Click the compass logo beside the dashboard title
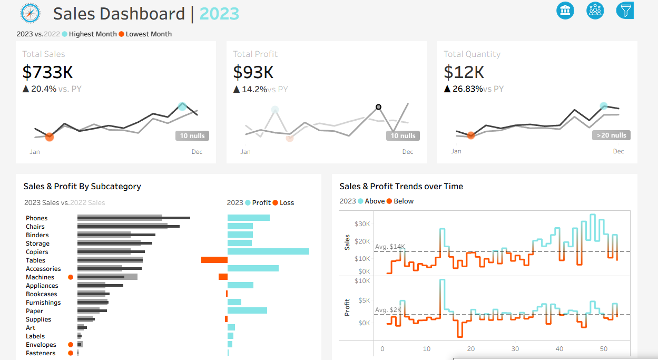pyautogui.click(x=30, y=13)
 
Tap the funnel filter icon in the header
pyautogui.click(x=625, y=11)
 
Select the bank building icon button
pyautogui.click(x=565, y=11)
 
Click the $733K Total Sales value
pyautogui.click(x=47, y=72)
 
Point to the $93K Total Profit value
pyautogui.click(x=253, y=72)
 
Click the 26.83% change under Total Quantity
pyautogui.click(x=468, y=89)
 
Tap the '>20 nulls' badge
pyautogui.click(x=611, y=135)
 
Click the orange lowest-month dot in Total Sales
pyautogui.click(x=50, y=137)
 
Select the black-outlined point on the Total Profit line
pyautogui.click(x=379, y=107)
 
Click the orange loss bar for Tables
pyautogui.click(x=214, y=260)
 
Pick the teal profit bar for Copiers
pyautogui.click(x=268, y=251)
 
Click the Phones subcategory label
pyautogui.click(x=37, y=218)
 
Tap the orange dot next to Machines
pyautogui.click(x=71, y=277)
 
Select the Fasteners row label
pyautogui.click(x=41, y=353)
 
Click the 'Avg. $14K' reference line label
pyautogui.click(x=390, y=247)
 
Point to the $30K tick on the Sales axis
pyautogui.click(x=362, y=224)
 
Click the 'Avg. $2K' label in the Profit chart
pyautogui.click(x=388, y=310)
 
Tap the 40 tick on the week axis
pyautogui.click(x=559, y=349)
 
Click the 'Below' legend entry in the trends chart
pyautogui.click(x=404, y=201)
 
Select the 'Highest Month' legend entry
pyautogui.click(x=93, y=34)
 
